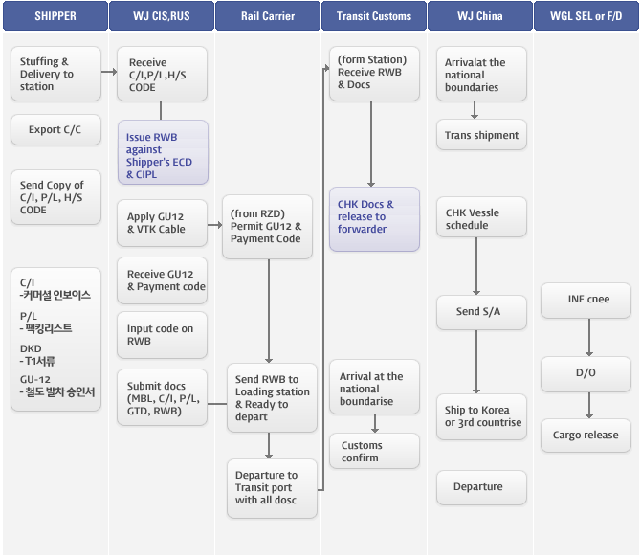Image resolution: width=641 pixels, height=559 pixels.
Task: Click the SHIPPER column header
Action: (55, 16)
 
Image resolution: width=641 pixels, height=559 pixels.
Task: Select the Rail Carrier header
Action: (268, 16)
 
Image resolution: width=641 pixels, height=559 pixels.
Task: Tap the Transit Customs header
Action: (374, 16)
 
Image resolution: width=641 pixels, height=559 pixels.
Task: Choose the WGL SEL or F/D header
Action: (586, 16)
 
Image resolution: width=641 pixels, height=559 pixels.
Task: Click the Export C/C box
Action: (55, 129)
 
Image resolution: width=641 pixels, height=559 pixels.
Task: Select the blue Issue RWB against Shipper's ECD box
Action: (163, 152)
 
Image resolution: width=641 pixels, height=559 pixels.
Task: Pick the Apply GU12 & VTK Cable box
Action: (162, 223)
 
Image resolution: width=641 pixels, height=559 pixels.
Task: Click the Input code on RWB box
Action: (162, 335)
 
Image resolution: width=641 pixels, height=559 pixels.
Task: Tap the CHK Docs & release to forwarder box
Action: (374, 219)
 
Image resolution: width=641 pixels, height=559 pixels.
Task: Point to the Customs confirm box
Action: (374, 451)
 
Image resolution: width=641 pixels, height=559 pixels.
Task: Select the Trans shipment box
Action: (481, 135)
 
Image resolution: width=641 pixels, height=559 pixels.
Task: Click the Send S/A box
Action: (481, 312)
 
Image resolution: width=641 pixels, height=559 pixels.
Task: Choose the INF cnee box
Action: (586, 301)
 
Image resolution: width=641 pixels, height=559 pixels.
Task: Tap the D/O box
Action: (586, 374)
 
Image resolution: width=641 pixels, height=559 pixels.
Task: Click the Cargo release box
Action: (586, 436)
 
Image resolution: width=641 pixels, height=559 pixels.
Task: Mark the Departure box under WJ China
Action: (481, 487)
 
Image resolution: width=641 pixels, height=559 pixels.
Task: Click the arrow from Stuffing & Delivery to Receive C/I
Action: (109, 72)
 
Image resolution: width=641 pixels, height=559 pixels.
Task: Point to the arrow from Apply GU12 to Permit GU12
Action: (214, 225)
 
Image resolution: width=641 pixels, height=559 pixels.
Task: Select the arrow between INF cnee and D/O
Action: (589, 337)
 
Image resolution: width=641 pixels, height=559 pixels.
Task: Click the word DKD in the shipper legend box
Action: (31, 348)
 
